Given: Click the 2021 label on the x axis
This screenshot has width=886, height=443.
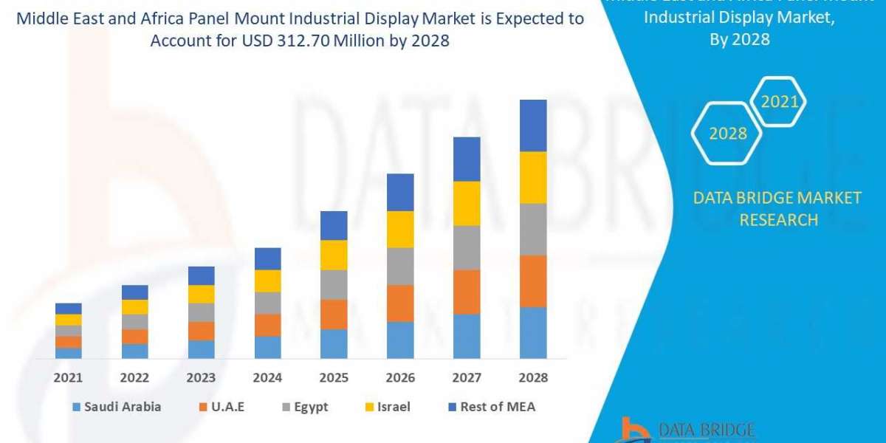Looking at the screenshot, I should point(68,378).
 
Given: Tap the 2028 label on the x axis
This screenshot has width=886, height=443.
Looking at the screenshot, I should point(533,378).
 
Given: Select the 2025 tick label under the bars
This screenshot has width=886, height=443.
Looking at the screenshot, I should point(334,378).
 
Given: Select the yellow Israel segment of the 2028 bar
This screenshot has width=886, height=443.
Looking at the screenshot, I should point(533,177).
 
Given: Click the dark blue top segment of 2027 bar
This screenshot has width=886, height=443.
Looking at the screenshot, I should point(467,159).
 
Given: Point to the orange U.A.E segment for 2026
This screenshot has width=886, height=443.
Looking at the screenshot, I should point(400,303).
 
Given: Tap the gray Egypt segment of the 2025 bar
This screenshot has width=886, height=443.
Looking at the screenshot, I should point(334,284).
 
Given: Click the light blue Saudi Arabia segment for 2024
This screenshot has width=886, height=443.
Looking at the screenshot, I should point(267,347).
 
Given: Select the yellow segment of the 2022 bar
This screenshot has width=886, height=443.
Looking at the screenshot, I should point(134,306).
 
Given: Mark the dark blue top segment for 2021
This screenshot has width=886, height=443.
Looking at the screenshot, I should point(68,309).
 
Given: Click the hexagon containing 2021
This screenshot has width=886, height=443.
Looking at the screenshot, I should point(779,102).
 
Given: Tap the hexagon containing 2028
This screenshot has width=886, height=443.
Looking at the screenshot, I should point(727,134).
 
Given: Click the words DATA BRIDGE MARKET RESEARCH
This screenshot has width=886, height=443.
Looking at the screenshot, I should point(777,209).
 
